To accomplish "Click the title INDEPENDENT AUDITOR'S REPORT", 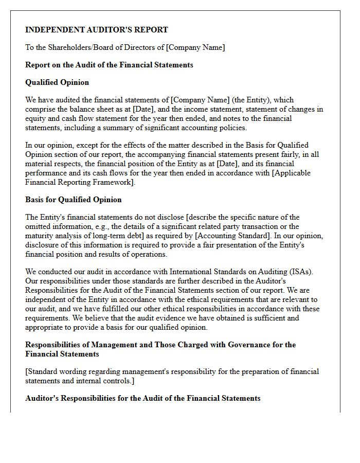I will pyautogui.click(x=97, y=30).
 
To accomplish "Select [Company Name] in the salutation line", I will pyautogui.click(x=195, y=47).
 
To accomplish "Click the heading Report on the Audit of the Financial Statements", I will pyautogui.click(x=109, y=65).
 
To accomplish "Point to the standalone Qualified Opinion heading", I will pyautogui.click(x=57, y=82).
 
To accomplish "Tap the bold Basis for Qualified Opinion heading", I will pyautogui.click(x=74, y=200).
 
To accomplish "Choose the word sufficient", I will pyautogui.click(x=274, y=318).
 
